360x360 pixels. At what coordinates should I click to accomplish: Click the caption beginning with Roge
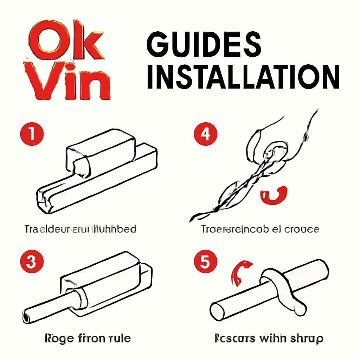click(x=88, y=338)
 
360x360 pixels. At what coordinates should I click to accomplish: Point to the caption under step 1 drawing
click(x=81, y=229)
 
